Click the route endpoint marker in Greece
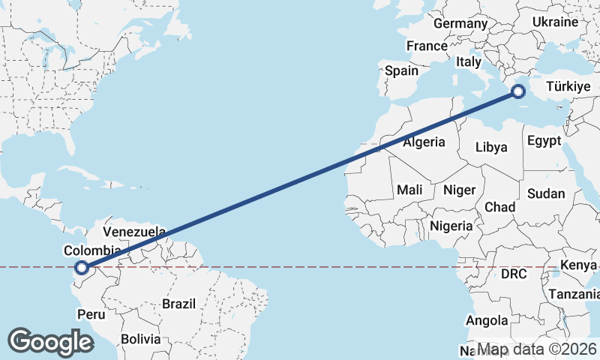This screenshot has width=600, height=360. (x=517, y=92)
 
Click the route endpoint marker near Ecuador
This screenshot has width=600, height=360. (x=82, y=266)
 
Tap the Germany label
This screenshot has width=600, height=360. (x=460, y=24)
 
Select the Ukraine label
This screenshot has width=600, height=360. (x=555, y=22)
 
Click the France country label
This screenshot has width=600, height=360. (x=427, y=46)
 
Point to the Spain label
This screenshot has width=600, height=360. (x=401, y=71)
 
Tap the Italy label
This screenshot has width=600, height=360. (x=469, y=62)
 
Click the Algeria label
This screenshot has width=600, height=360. (x=424, y=142)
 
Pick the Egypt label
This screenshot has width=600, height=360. (x=544, y=141)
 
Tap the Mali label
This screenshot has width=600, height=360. (x=409, y=190)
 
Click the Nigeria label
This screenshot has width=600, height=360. (x=451, y=226)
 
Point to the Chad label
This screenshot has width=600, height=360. (x=499, y=207)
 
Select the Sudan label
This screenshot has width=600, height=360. (x=545, y=193)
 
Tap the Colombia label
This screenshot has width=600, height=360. (x=92, y=250)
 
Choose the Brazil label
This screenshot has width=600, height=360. (x=178, y=304)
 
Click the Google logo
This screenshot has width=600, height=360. (x=50, y=342)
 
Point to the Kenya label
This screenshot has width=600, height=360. (x=578, y=265)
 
